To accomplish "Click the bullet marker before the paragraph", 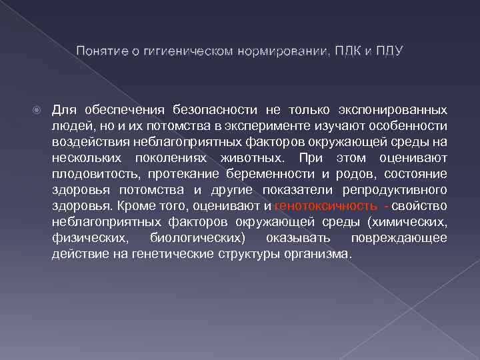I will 38,109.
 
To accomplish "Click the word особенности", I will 413,125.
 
